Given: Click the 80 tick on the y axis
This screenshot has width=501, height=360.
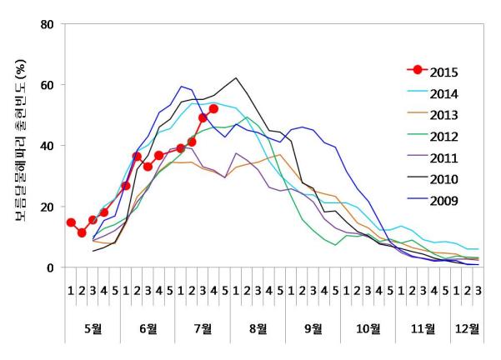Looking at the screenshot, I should click(48, 24).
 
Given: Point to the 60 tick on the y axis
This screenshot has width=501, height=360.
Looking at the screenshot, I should click(48, 85).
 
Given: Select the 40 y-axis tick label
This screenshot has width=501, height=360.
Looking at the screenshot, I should click(48, 146).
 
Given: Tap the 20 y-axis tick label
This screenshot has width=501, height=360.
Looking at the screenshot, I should click(48, 207).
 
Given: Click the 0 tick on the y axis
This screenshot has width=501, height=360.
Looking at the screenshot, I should click(52, 267).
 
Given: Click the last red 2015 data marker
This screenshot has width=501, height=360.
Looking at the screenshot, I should click(213, 109).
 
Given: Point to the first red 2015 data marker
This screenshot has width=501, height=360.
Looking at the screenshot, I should click(71, 222).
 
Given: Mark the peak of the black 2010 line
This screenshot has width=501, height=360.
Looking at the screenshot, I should click(237, 78).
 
